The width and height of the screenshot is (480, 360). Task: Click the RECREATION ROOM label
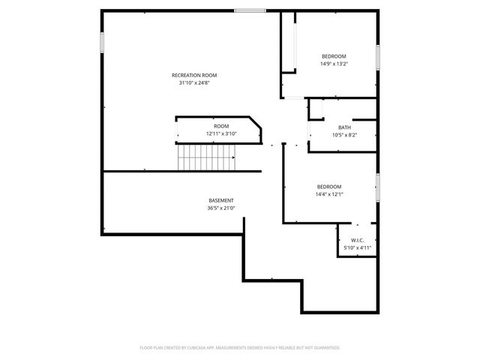pyautogui.click(x=194, y=75)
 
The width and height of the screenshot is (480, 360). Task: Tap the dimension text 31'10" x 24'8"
pyautogui.click(x=194, y=82)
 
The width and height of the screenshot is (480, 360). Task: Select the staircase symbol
pyautogui.click(x=206, y=157)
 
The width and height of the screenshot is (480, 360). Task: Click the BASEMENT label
pyautogui.click(x=220, y=200)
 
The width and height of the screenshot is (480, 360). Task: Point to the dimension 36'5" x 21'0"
pyautogui.click(x=220, y=208)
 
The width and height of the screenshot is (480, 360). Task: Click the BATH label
pyautogui.click(x=344, y=127)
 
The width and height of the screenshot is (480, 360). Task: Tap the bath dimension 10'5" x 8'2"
pyautogui.click(x=344, y=135)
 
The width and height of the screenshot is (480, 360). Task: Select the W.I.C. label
pyautogui.click(x=357, y=240)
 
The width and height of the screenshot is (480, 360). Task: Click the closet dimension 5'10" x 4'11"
pyautogui.click(x=357, y=247)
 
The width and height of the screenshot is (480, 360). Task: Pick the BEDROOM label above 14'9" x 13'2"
pyautogui.click(x=334, y=57)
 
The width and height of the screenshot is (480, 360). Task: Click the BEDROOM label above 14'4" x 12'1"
pyautogui.click(x=328, y=187)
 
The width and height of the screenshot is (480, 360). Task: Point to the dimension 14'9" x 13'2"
pyautogui.click(x=334, y=64)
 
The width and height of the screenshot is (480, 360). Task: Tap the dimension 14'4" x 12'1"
pyautogui.click(x=328, y=194)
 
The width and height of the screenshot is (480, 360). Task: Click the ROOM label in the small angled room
pyautogui.click(x=221, y=126)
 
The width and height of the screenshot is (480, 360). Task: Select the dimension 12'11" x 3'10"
pyautogui.click(x=221, y=133)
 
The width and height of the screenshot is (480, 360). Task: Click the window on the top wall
pyautogui.click(x=249, y=10)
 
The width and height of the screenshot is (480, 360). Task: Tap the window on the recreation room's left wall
pyautogui.click(x=102, y=42)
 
